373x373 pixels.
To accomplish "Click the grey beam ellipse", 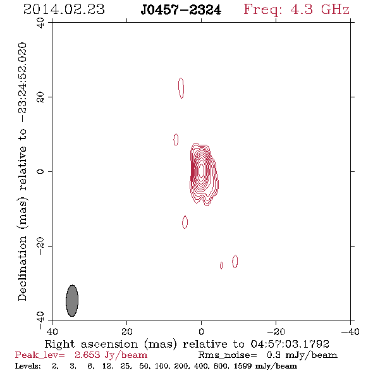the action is [72, 301].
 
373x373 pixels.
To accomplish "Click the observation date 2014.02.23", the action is [64, 9].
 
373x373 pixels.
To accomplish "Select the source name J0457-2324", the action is [181, 10].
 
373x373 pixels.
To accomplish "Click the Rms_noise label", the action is [228, 355].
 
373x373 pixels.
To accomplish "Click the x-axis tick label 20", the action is [126, 331].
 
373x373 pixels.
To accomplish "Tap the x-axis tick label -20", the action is [276, 331].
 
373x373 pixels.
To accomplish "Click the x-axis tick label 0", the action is [201, 331].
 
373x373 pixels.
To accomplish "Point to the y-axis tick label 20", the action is [40, 97].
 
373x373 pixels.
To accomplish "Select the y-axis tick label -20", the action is [40, 246].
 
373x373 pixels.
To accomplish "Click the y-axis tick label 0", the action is [40, 171].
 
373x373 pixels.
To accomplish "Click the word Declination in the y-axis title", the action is [22, 268].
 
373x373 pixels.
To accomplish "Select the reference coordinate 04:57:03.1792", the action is [290, 344].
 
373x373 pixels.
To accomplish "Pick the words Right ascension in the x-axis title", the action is [91, 344].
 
